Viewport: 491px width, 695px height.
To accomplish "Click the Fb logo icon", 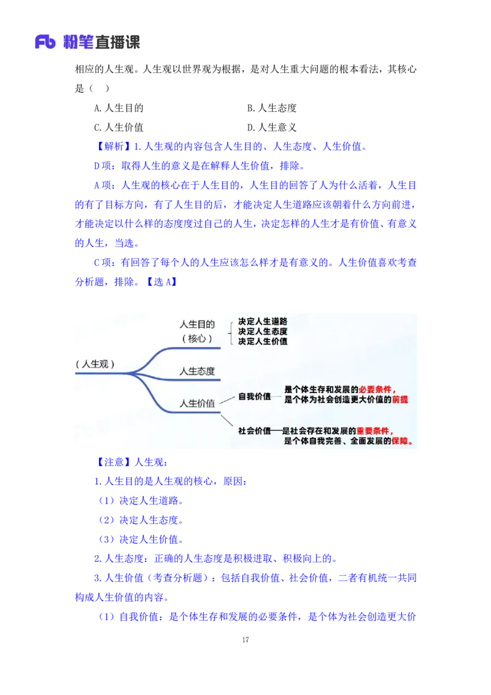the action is [x=45, y=42].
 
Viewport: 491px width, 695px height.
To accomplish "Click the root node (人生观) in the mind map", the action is [x=95, y=363].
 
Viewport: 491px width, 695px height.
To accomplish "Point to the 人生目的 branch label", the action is [x=196, y=324].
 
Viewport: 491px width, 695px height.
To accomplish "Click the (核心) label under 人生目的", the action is [x=196, y=338].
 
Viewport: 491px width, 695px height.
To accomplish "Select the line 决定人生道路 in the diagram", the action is [x=263, y=321].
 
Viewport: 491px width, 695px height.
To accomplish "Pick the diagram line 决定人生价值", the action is [x=263, y=341].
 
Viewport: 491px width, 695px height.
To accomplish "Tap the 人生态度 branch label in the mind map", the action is [x=196, y=371].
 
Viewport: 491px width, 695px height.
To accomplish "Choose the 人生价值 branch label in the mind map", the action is [x=196, y=403].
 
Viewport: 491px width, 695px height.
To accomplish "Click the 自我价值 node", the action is [x=254, y=397].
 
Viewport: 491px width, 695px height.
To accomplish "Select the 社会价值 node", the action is [x=254, y=430].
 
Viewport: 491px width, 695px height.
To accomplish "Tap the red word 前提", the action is [x=400, y=399].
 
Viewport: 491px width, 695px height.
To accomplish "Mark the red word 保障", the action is [x=400, y=441].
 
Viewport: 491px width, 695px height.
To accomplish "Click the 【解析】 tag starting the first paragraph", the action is [x=112, y=147].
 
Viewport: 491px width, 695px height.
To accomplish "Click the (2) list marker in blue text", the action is [x=107, y=520].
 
